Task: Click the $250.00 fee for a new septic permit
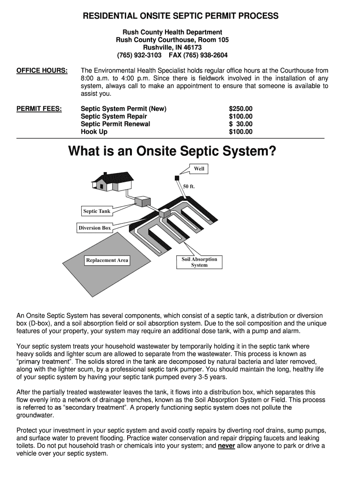click(240, 109)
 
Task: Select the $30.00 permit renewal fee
click(240, 124)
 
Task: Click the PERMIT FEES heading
click(39, 109)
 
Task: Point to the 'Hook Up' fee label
click(94, 132)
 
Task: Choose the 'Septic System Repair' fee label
click(114, 116)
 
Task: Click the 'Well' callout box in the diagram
click(199, 169)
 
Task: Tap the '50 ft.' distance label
click(188, 186)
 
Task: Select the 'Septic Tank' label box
click(97, 211)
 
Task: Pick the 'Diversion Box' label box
click(95, 228)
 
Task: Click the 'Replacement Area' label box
click(107, 260)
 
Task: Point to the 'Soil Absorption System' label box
click(199, 262)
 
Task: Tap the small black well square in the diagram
click(177, 177)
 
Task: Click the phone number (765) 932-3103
click(139, 55)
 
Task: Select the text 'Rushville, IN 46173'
click(173, 48)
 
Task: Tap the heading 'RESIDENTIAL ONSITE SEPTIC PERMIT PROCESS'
click(180, 16)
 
